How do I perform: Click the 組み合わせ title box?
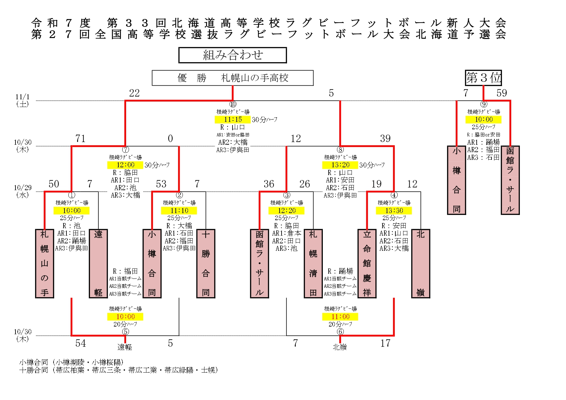point(233,55)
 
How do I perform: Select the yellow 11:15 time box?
point(233,120)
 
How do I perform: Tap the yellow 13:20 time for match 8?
point(340,165)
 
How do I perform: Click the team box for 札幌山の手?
point(45,263)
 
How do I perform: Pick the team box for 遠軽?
point(98,263)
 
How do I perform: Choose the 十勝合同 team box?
point(206,263)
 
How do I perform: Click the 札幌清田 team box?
point(313,263)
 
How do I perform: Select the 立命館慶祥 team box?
point(367,263)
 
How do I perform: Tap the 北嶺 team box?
point(421,263)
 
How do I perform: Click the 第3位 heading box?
point(483,78)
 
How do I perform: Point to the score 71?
point(80,139)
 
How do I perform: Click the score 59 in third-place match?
point(501,93)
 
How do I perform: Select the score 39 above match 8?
point(385,139)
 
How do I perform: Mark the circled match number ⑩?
point(233,104)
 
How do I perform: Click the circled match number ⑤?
point(125,332)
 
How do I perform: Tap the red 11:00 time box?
point(340,317)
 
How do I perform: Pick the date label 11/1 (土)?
point(23,100)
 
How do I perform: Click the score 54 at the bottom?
point(80,343)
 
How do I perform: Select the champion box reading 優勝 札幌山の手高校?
point(233,78)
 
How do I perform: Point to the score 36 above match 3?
point(269,184)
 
